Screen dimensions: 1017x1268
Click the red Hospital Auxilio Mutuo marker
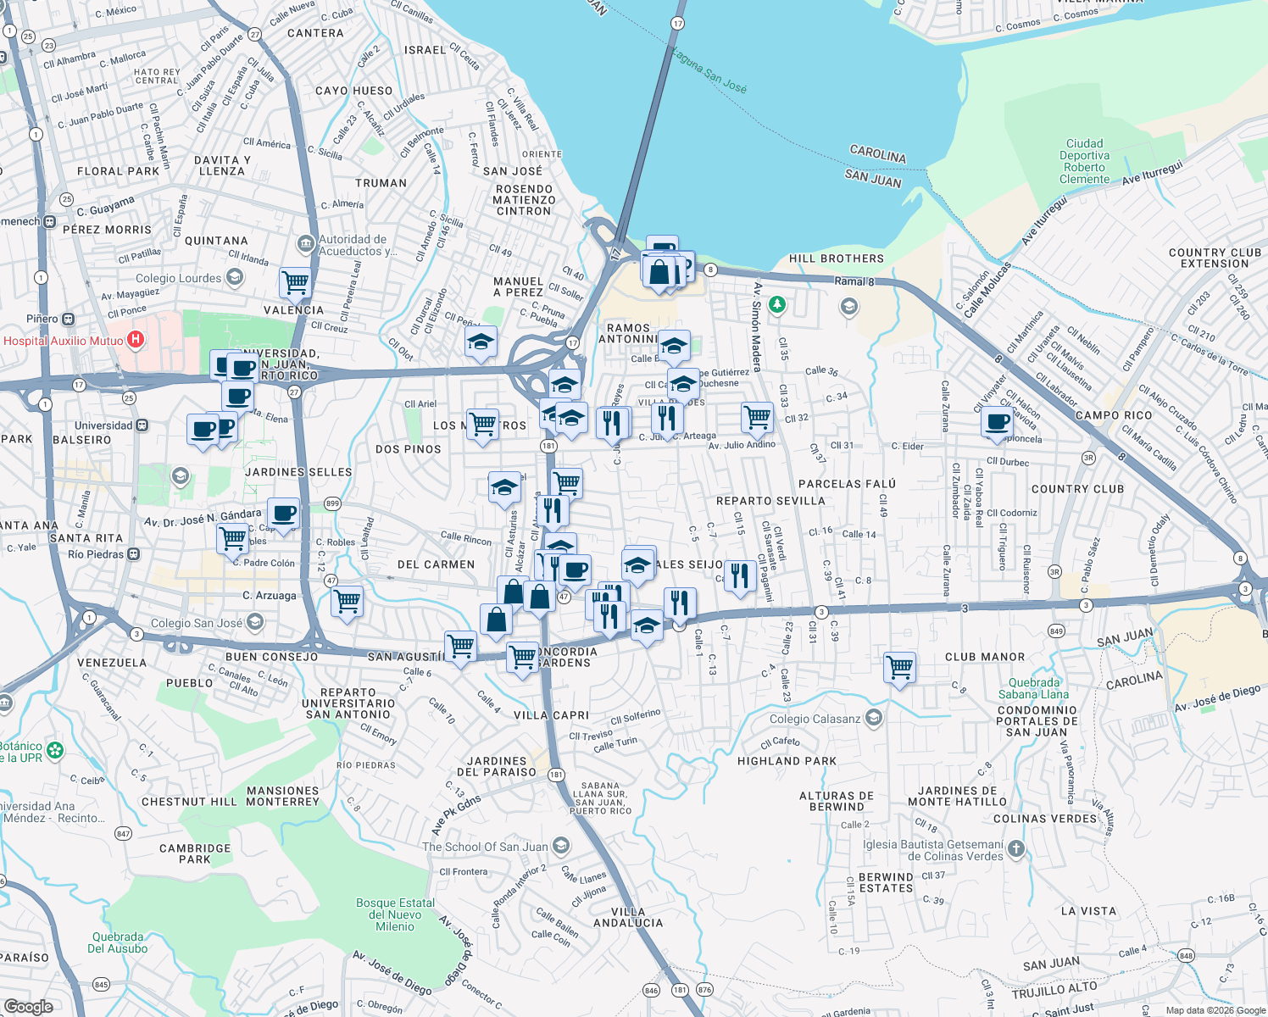coord(135,341)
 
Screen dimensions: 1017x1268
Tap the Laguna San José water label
coord(709,70)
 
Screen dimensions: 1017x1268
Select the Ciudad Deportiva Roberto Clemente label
coord(1084,162)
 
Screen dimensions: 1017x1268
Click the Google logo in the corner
coord(28,1006)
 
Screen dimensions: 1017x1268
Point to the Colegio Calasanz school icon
coord(874,719)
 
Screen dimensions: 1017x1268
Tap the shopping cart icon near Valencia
coord(295,282)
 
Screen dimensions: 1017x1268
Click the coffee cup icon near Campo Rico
coord(998,421)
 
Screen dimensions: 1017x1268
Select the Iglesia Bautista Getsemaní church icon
coord(1016,848)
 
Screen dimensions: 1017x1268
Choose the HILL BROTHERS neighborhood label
coord(836,258)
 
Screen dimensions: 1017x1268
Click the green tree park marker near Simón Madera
coord(776,304)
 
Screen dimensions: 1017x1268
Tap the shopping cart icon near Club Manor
coord(899,667)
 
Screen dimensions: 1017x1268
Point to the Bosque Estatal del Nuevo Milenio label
coord(395,914)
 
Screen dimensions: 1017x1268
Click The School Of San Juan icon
coord(560,846)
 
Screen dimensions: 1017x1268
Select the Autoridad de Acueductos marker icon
coord(305,245)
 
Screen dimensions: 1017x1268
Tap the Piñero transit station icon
coord(69,320)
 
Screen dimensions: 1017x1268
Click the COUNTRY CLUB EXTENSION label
coord(1215,258)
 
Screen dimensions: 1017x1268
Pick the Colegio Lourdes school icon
coord(235,277)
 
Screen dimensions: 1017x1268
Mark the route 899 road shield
coord(332,503)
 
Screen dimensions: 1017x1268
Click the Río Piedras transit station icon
coord(133,554)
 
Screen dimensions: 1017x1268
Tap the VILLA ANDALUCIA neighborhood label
coord(628,917)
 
